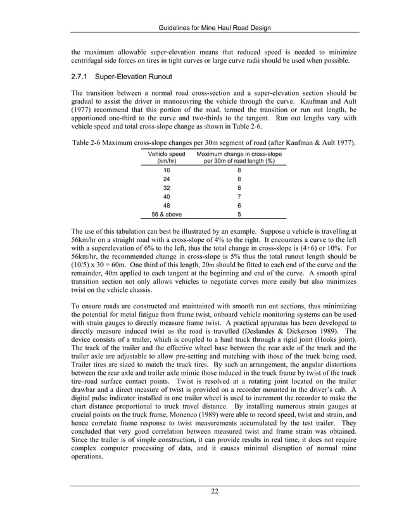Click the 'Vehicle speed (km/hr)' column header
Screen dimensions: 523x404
(x=166, y=158)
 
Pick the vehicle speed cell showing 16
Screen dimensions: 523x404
(x=166, y=170)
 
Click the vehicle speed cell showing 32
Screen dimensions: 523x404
(x=166, y=188)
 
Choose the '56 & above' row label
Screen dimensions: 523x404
(x=166, y=214)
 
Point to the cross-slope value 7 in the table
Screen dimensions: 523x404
(x=239, y=197)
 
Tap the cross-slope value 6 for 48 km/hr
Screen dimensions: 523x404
(x=239, y=206)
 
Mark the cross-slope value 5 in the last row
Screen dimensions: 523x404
(x=239, y=214)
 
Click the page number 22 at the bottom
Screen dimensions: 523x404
(x=215, y=491)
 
